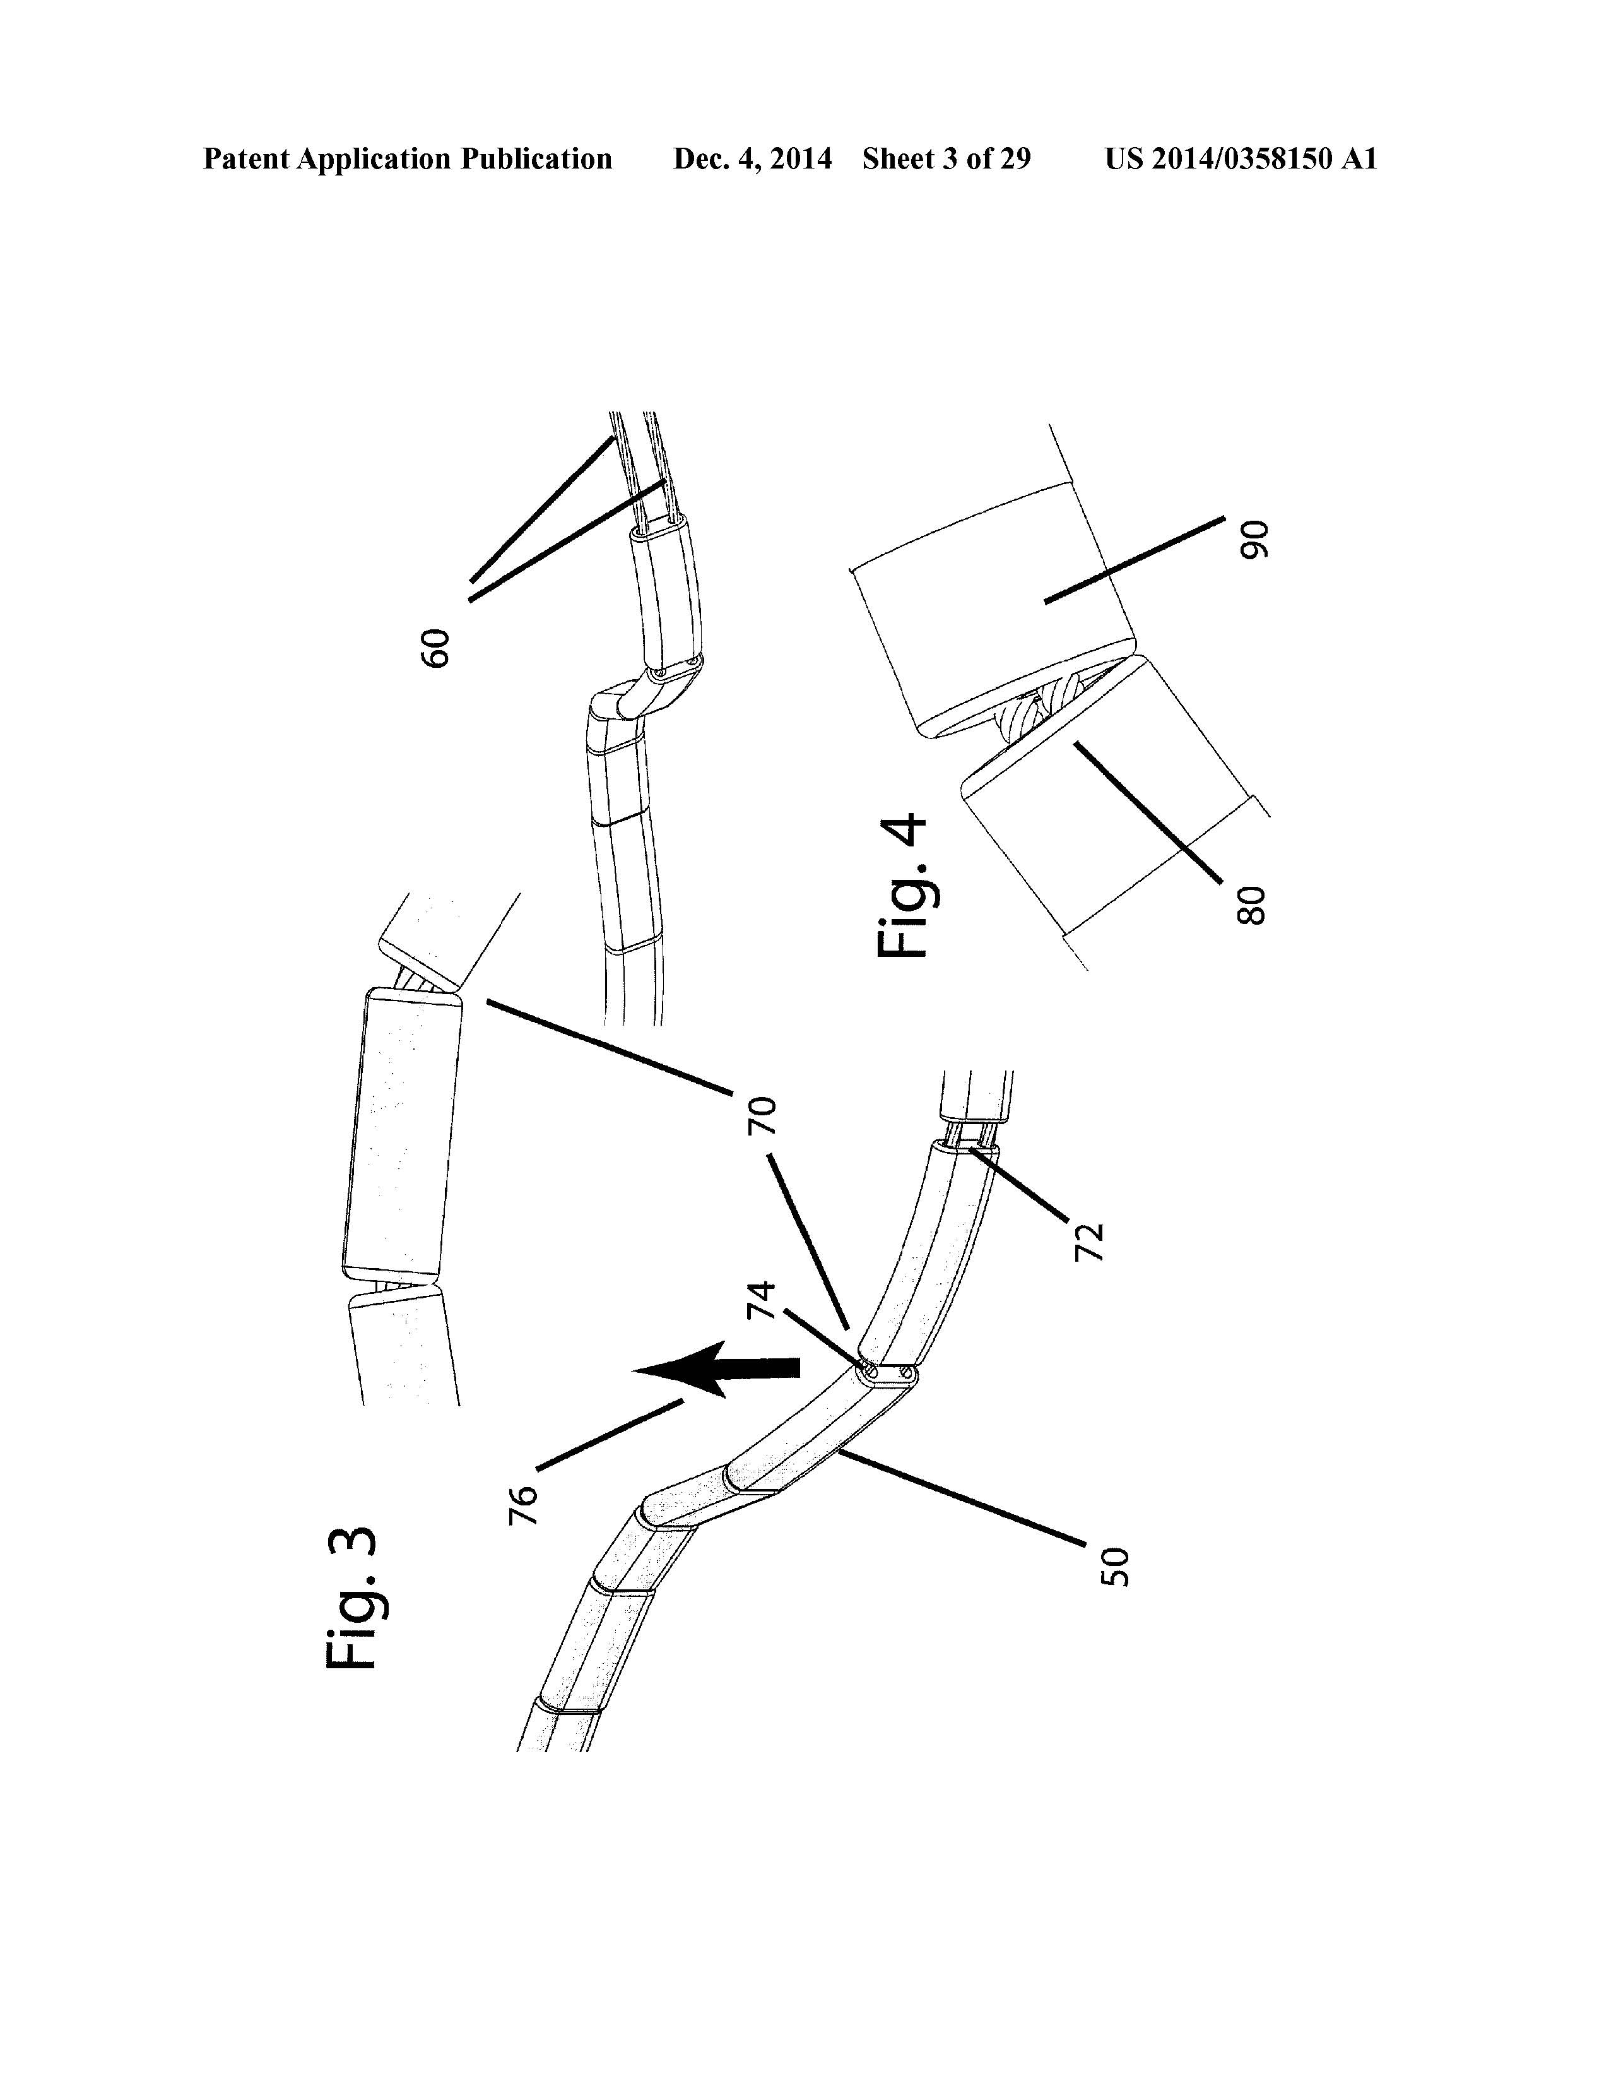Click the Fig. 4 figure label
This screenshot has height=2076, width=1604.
(x=898, y=886)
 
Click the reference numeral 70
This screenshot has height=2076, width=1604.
(x=763, y=1115)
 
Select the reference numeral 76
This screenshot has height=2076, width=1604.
(x=524, y=1505)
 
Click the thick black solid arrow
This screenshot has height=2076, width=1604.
(x=716, y=1368)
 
